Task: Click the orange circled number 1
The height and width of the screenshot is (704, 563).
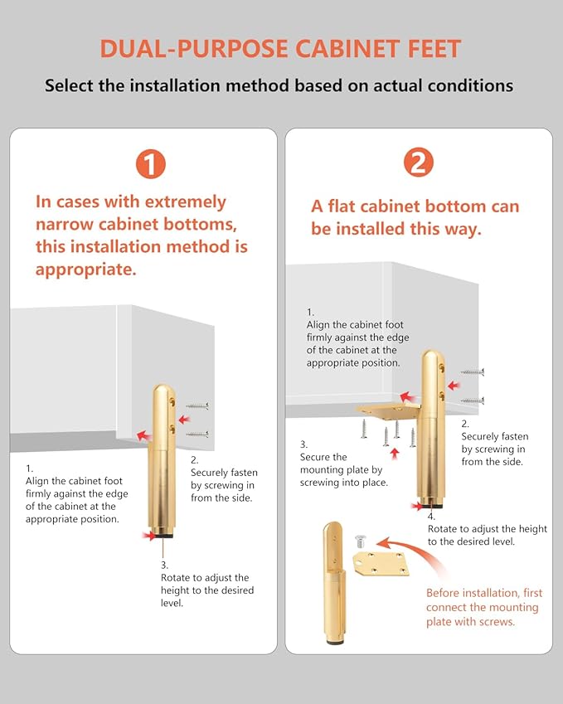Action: (151, 164)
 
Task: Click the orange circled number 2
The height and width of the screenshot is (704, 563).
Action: (419, 162)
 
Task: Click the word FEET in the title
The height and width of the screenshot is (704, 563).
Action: (434, 49)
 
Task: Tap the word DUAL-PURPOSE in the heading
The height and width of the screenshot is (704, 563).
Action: (193, 49)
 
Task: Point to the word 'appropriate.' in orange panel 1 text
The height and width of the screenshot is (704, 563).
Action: (85, 269)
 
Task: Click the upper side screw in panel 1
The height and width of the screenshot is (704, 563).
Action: (197, 406)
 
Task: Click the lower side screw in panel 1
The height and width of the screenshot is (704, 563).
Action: (197, 435)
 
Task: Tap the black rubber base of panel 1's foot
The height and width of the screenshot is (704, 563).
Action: (162, 535)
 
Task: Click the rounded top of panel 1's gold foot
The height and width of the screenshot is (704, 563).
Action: (163, 389)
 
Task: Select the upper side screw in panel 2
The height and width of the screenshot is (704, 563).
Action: (473, 371)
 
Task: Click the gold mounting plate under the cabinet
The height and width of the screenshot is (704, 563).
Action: (388, 410)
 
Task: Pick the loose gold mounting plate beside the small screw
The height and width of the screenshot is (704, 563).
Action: (381, 564)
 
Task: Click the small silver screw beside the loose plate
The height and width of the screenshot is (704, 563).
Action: (360, 541)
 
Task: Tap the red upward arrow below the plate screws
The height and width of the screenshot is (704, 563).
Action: (395, 454)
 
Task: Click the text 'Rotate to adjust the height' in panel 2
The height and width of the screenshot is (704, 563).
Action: (488, 529)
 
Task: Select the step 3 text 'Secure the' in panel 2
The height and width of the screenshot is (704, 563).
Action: (323, 457)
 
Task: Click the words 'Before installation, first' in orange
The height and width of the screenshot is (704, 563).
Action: (484, 593)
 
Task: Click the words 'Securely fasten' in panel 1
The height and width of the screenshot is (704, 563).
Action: (224, 473)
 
